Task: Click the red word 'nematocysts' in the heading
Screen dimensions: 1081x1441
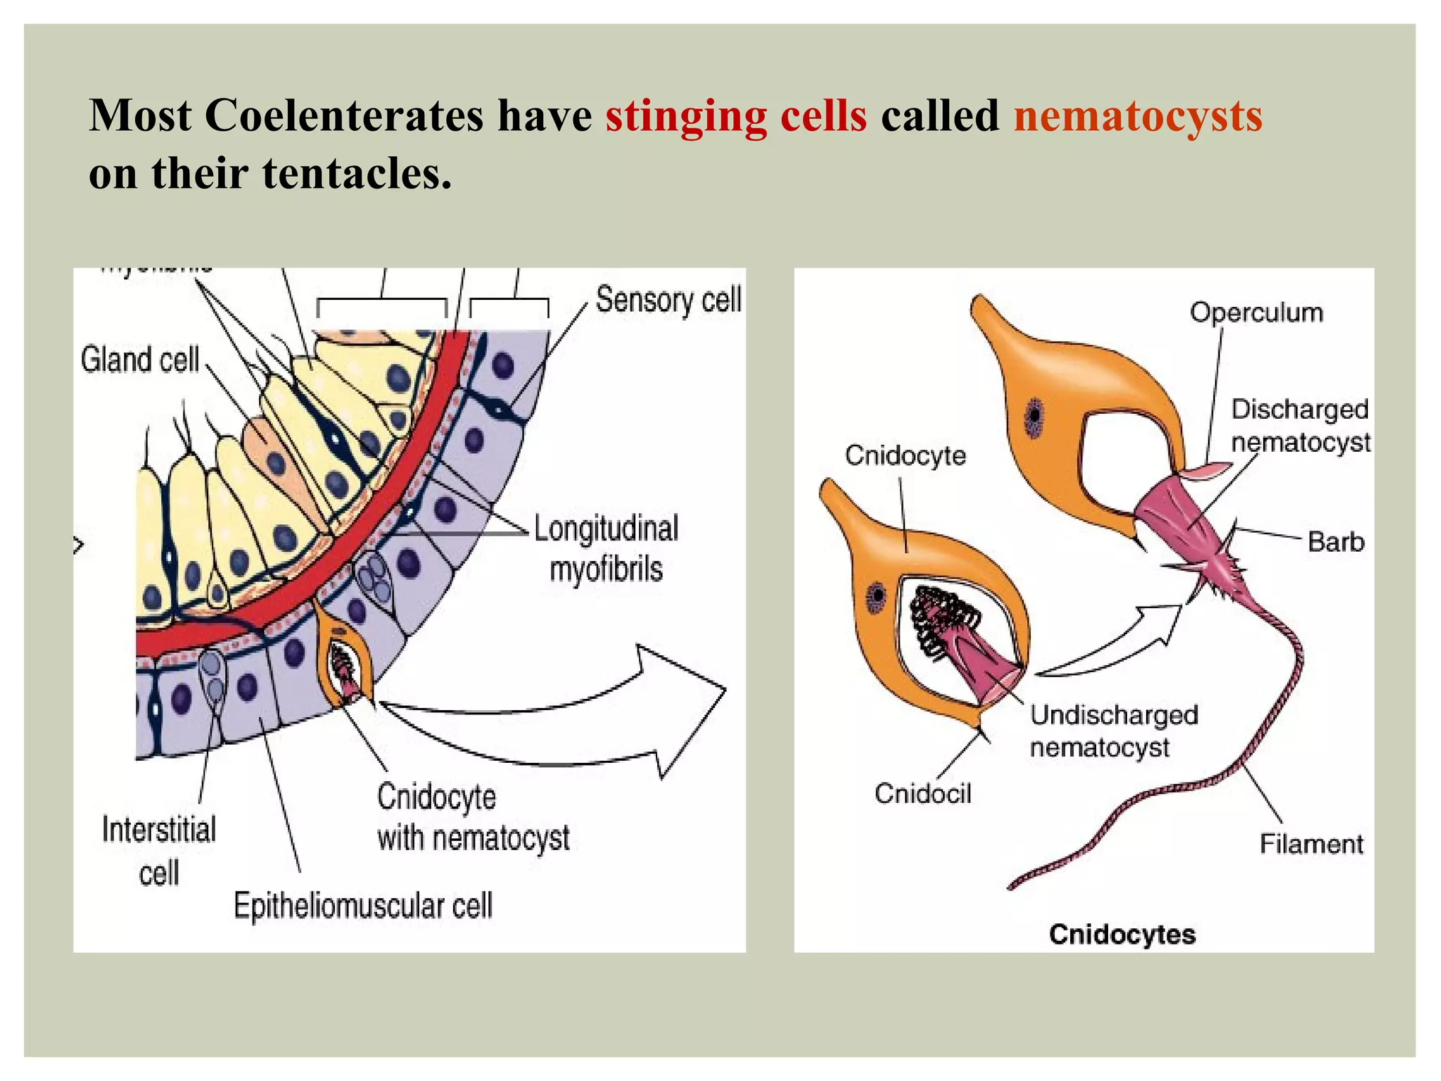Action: pos(1137,116)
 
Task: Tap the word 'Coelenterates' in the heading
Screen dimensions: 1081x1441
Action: pos(343,116)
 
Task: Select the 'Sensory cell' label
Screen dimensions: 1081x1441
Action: pos(668,300)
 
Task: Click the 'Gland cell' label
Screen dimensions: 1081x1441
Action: pos(139,360)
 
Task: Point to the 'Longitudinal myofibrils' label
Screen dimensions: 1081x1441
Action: pos(606,548)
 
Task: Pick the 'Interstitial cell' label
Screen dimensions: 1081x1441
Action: pos(159,850)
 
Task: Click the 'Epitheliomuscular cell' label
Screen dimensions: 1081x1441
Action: pos(362,906)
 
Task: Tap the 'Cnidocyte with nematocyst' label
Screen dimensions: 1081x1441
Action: pos(471,818)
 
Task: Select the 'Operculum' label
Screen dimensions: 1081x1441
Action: pos(1256,312)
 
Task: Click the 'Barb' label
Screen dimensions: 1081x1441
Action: pos(1335,542)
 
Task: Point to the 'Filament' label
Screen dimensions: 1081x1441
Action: pos(1311,844)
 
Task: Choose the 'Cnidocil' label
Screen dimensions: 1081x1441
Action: pos(922,794)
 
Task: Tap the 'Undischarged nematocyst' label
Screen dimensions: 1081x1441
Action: pos(1113,731)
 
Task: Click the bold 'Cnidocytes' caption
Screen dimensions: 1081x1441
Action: pos(1122,935)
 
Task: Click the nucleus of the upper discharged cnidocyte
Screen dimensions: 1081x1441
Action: pos(1034,417)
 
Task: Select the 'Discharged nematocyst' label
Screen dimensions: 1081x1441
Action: pos(1300,426)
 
